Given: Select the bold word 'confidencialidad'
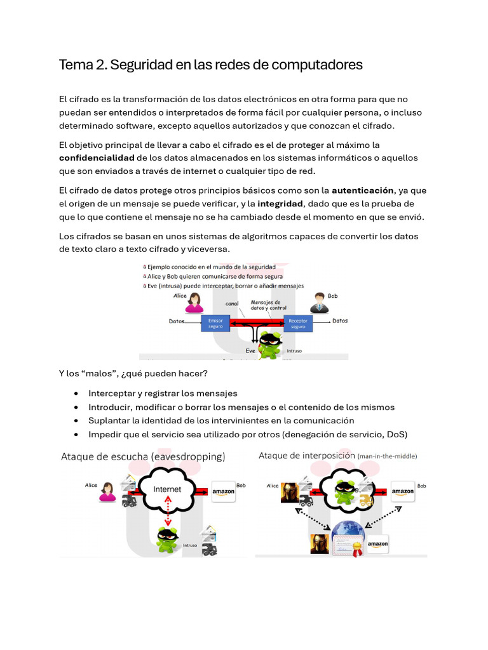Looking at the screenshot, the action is point(97,157).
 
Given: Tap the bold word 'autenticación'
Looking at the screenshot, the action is point(363,190).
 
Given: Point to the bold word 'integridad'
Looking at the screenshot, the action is point(281,204).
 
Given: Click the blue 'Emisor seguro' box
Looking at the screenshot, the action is point(215,324).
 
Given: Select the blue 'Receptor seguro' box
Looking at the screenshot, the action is point(298,324).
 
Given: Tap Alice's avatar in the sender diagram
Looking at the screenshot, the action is point(193,303).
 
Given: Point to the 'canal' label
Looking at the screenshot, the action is point(232,304).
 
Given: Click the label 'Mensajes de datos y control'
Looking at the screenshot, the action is point(266,305).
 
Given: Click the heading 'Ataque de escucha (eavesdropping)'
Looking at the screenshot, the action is point(142,456).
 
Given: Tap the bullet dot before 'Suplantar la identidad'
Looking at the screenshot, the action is point(76,421).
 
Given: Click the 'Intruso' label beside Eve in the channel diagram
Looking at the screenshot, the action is point(294,350).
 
